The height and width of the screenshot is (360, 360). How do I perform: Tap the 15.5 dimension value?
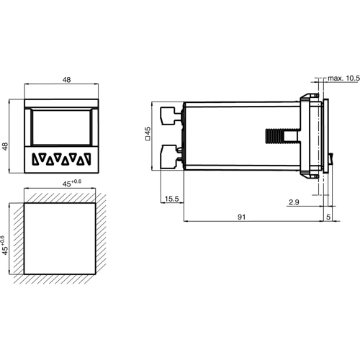click(x=171, y=198)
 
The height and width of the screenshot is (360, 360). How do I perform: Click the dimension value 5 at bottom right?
click(x=330, y=215)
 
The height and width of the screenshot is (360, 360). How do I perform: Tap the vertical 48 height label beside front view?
click(x=6, y=146)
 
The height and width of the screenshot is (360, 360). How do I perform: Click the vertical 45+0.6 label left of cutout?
click(x=6, y=246)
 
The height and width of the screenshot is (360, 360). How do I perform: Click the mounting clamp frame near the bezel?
click(x=311, y=135)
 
